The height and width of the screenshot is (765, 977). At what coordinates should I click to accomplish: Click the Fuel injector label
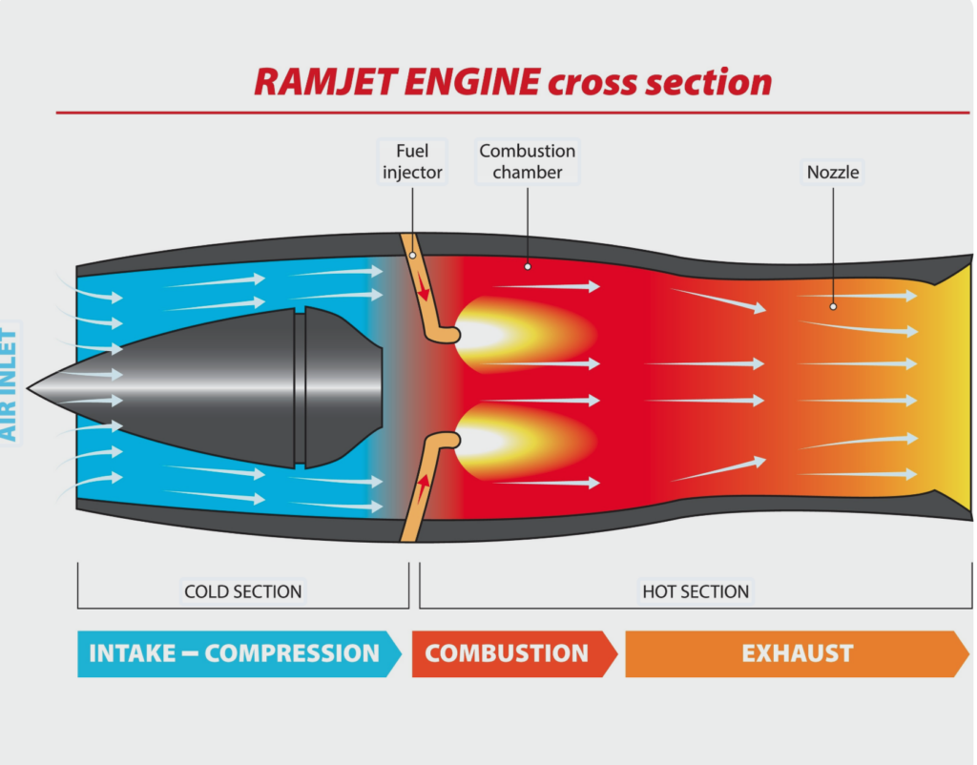click(412, 161)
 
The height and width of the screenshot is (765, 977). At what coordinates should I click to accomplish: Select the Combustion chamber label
click(527, 161)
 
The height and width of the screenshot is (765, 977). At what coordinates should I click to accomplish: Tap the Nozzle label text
click(833, 173)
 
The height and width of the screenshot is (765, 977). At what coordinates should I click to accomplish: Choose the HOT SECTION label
click(696, 591)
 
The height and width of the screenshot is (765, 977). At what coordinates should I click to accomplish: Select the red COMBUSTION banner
click(509, 653)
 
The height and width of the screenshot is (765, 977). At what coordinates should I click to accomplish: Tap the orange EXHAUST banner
click(797, 653)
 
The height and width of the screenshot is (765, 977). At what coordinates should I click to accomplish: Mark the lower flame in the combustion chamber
click(506, 441)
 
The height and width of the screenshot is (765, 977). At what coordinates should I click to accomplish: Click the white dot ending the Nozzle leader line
click(833, 306)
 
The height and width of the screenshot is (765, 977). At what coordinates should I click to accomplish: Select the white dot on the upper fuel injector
click(412, 255)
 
